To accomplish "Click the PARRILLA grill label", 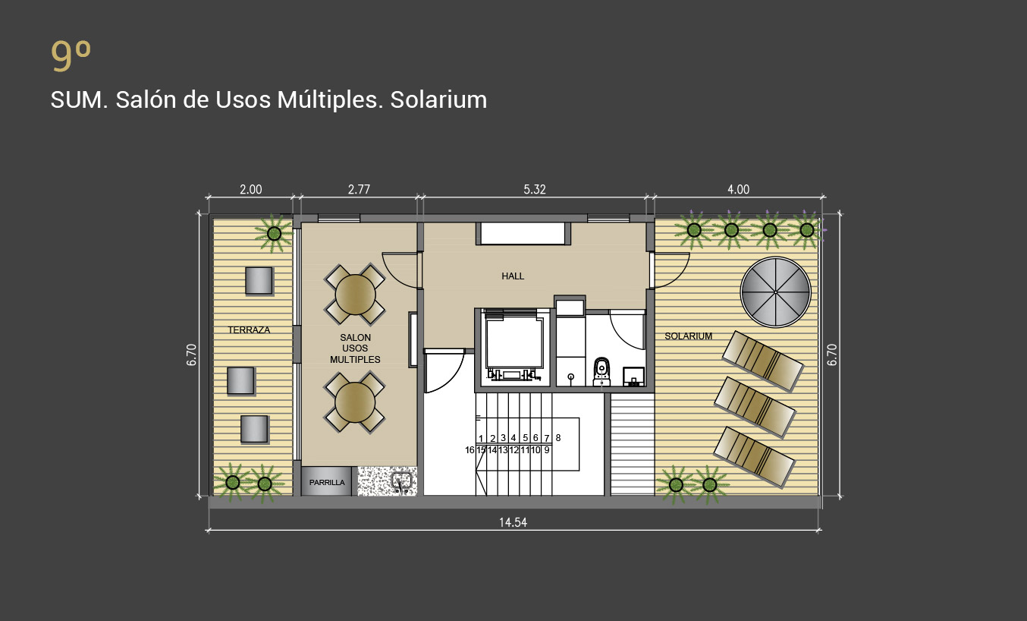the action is (327, 482).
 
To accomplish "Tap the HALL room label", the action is (513, 276).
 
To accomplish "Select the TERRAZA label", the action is (249, 329).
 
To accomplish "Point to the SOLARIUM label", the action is (688, 336).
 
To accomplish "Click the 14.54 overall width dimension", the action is (513, 522).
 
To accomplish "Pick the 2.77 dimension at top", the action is (359, 189).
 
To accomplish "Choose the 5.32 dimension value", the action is (535, 189).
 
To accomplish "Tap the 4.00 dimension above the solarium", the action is (738, 189).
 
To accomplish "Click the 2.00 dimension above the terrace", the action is (251, 189).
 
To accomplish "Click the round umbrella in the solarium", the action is (776, 292).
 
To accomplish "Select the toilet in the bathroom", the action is (601, 372).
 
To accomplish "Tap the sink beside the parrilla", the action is (402, 483).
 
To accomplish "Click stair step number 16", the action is (470, 450).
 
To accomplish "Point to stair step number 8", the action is (558, 438).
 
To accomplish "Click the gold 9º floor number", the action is (71, 55).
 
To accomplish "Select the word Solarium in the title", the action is (438, 99).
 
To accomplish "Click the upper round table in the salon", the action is (355, 295).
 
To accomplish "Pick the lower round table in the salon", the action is (355, 402).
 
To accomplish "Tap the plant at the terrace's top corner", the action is (274, 233).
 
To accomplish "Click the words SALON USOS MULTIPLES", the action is (355, 348).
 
